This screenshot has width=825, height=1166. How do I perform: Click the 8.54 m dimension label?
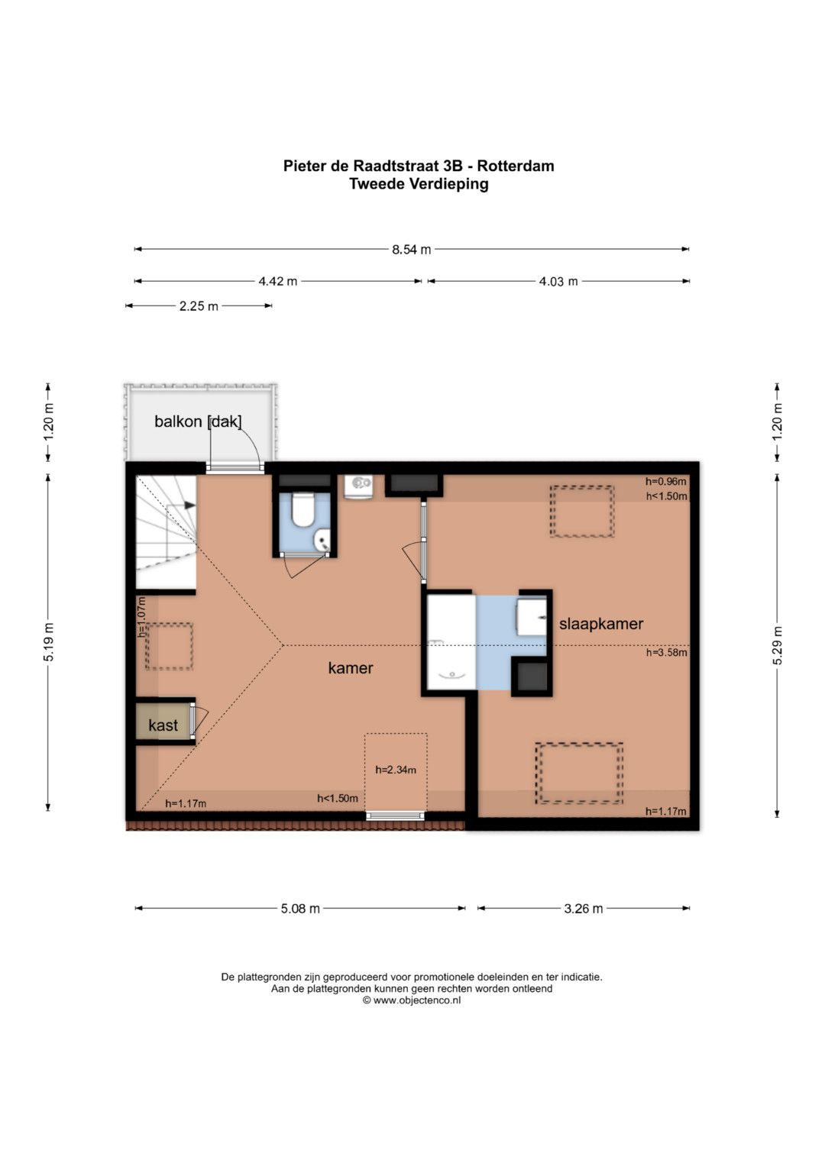pos(412,250)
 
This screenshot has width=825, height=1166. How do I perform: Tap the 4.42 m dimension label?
pos(277,282)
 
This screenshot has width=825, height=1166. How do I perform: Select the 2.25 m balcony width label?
pos(199,306)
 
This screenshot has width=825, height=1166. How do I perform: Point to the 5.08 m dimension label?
pos(300,909)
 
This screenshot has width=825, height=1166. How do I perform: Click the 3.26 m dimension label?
pos(584,909)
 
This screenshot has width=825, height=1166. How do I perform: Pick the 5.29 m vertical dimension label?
pos(778,645)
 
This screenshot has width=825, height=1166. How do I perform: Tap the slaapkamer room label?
pos(601,624)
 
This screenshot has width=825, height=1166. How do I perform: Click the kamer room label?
pos(351,668)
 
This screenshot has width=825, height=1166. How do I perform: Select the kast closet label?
pos(163,725)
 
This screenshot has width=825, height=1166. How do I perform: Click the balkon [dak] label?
pos(198,421)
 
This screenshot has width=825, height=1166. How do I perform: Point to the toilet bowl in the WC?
pos(302,509)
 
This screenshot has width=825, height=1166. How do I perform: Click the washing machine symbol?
pos(359,486)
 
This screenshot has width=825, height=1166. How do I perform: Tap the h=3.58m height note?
pos(667,652)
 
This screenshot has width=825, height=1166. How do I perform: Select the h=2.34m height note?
pos(396,770)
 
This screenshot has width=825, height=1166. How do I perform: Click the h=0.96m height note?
pos(666,482)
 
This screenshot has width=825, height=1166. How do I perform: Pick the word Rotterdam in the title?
pos(516,166)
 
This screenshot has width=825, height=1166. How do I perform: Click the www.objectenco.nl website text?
pos(416,1000)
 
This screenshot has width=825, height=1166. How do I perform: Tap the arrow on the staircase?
pos(189,505)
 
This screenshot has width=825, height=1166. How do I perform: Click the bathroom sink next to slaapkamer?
pos(532,617)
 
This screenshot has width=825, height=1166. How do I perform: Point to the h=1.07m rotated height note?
pos(141,618)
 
